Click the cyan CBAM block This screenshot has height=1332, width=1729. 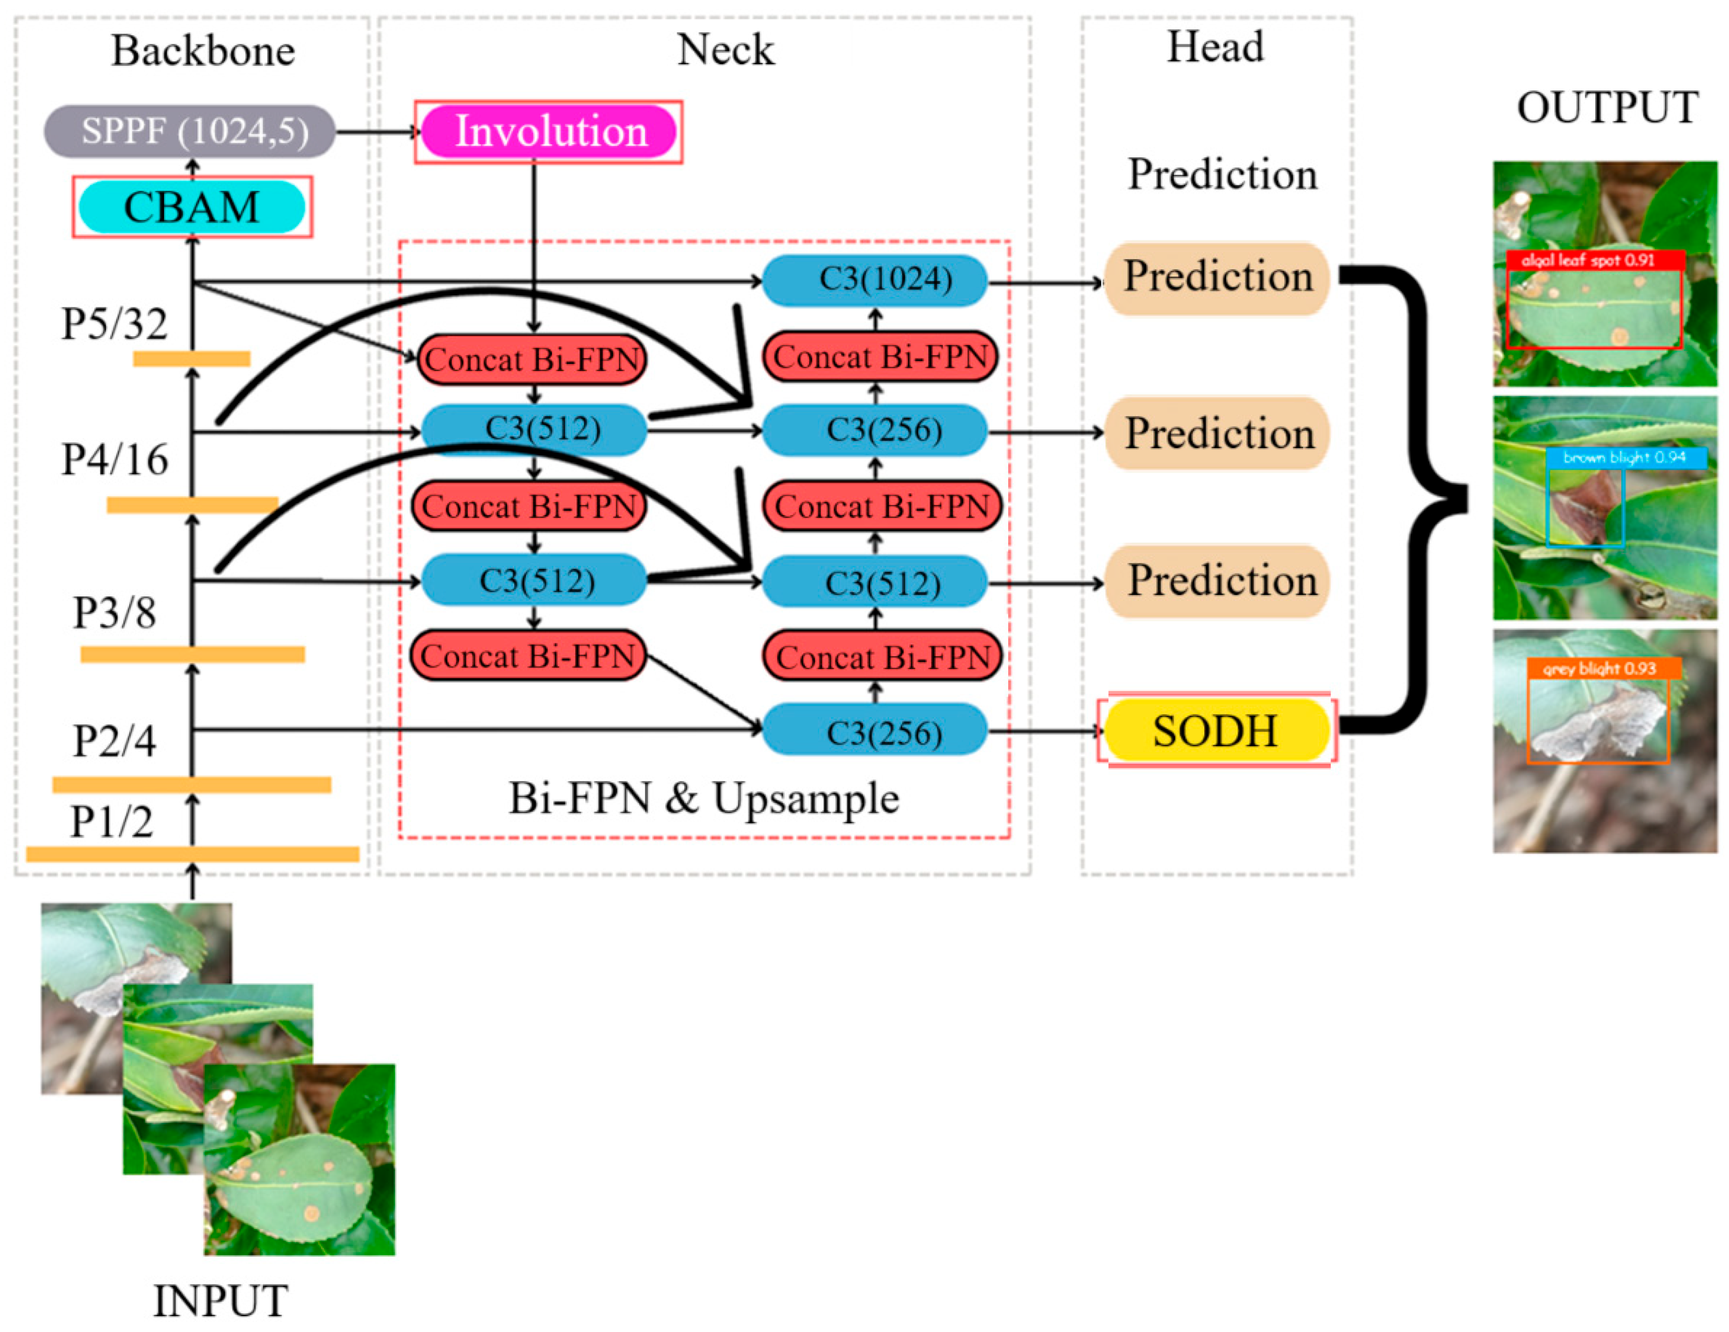192,206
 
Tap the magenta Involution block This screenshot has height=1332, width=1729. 549,131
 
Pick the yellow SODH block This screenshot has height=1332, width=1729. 1217,730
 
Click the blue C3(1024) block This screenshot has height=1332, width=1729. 875,280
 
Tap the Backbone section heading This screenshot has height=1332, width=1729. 203,51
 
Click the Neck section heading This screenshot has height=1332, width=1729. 726,50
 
